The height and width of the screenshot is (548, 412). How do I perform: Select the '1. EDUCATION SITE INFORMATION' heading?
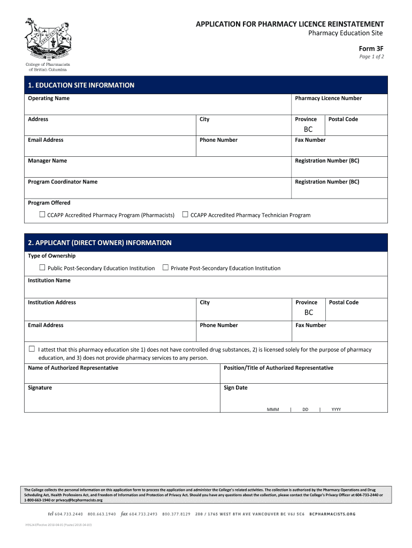pyautogui.click(x=81, y=85)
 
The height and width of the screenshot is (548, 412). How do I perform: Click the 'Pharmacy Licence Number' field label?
pyautogui.click(x=328, y=98)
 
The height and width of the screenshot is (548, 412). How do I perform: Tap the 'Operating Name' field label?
pyautogui.click(x=49, y=98)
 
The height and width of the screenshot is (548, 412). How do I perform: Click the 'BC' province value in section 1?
pyautogui.click(x=308, y=130)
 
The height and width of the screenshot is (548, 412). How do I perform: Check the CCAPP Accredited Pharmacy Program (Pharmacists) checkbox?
pyautogui.click(x=42, y=215)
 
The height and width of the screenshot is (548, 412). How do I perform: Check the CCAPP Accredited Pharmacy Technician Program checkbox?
pyautogui.click(x=185, y=215)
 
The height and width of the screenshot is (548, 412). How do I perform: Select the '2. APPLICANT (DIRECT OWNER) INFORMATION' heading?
pyautogui.click(x=100, y=243)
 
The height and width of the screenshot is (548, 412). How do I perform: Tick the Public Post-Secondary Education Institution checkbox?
pyautogui.click(x=42, y=268)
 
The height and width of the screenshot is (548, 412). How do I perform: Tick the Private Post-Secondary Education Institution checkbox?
pyautogui.click(x=165, y=268)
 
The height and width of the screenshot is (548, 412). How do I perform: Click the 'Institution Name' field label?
pyautogui.click(x=49, y=280)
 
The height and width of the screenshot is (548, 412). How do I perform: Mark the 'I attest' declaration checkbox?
pyautogui.click(x=32, y=349)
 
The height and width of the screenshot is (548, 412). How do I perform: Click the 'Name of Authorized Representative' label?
pyautogui.click(x=73, y=368)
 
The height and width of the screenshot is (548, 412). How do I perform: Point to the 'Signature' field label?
pyautogui.click(x=40, y=388)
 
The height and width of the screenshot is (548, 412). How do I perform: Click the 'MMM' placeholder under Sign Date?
pyautogui.click(x=273, y=409)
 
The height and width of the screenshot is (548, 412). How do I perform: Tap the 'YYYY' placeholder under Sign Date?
pyautogui.click(x=336, y=409)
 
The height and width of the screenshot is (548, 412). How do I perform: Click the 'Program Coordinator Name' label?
pyautogui.click(x=63, y=182)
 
